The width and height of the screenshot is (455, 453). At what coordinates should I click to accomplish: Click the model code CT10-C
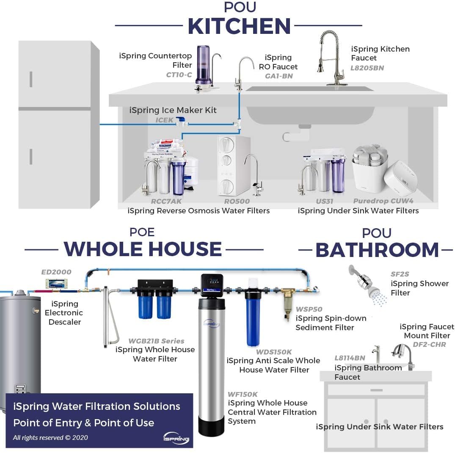(x=179, y=75)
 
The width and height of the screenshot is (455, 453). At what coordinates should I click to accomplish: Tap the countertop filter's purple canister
(x=204, y=65)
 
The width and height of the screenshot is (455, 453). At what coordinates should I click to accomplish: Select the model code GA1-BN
(x=279, y=76)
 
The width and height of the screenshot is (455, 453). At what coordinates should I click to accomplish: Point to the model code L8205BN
(x=367, y=68)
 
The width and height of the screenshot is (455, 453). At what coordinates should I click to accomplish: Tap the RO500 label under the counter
(x=237, y=202)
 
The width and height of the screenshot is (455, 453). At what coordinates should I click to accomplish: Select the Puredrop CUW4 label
(x=383, y=202)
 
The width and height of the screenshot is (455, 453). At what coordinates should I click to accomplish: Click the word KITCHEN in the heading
(x=239, y=26)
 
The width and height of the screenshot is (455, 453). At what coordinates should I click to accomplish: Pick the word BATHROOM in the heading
(x=377, y=250)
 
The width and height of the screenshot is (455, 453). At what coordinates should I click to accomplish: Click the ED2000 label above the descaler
(x=56, y=272)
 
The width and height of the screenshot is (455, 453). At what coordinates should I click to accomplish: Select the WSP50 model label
(x=309, y=309)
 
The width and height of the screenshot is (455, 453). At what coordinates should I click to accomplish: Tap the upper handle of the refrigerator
(x=31, y=79)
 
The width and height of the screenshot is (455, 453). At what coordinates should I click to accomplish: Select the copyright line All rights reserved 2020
(x=50, y=437)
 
